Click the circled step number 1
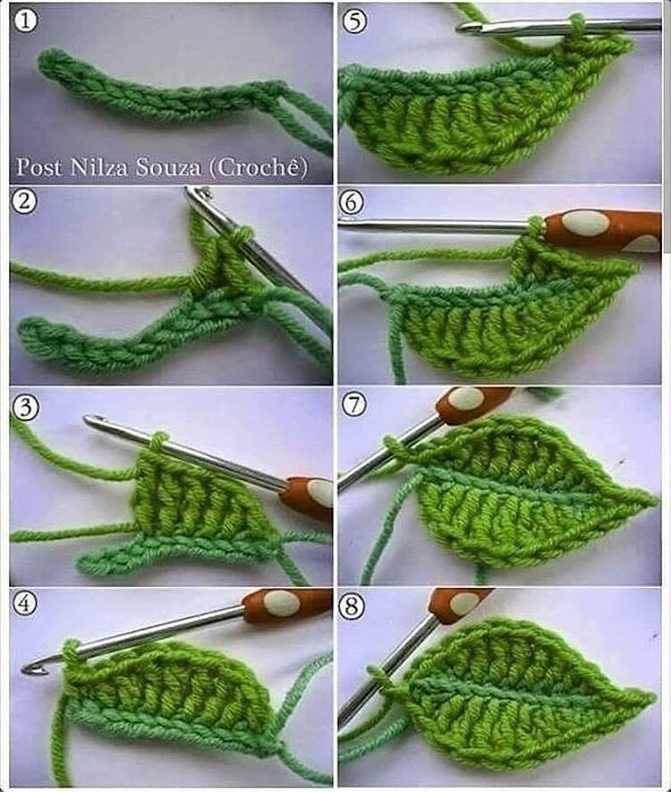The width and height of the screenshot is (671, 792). click(x=25, y=22)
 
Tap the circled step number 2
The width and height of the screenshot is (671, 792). click(x=24, y=202)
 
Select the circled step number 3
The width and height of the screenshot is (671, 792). click(x=25, y=407)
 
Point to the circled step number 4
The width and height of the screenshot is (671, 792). click(x=25, y=603)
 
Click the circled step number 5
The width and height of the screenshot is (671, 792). click(x=354, y=21)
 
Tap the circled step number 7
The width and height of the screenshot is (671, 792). click(x=354, y=405)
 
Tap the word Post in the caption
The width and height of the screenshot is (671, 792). click(x=40, y=167)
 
